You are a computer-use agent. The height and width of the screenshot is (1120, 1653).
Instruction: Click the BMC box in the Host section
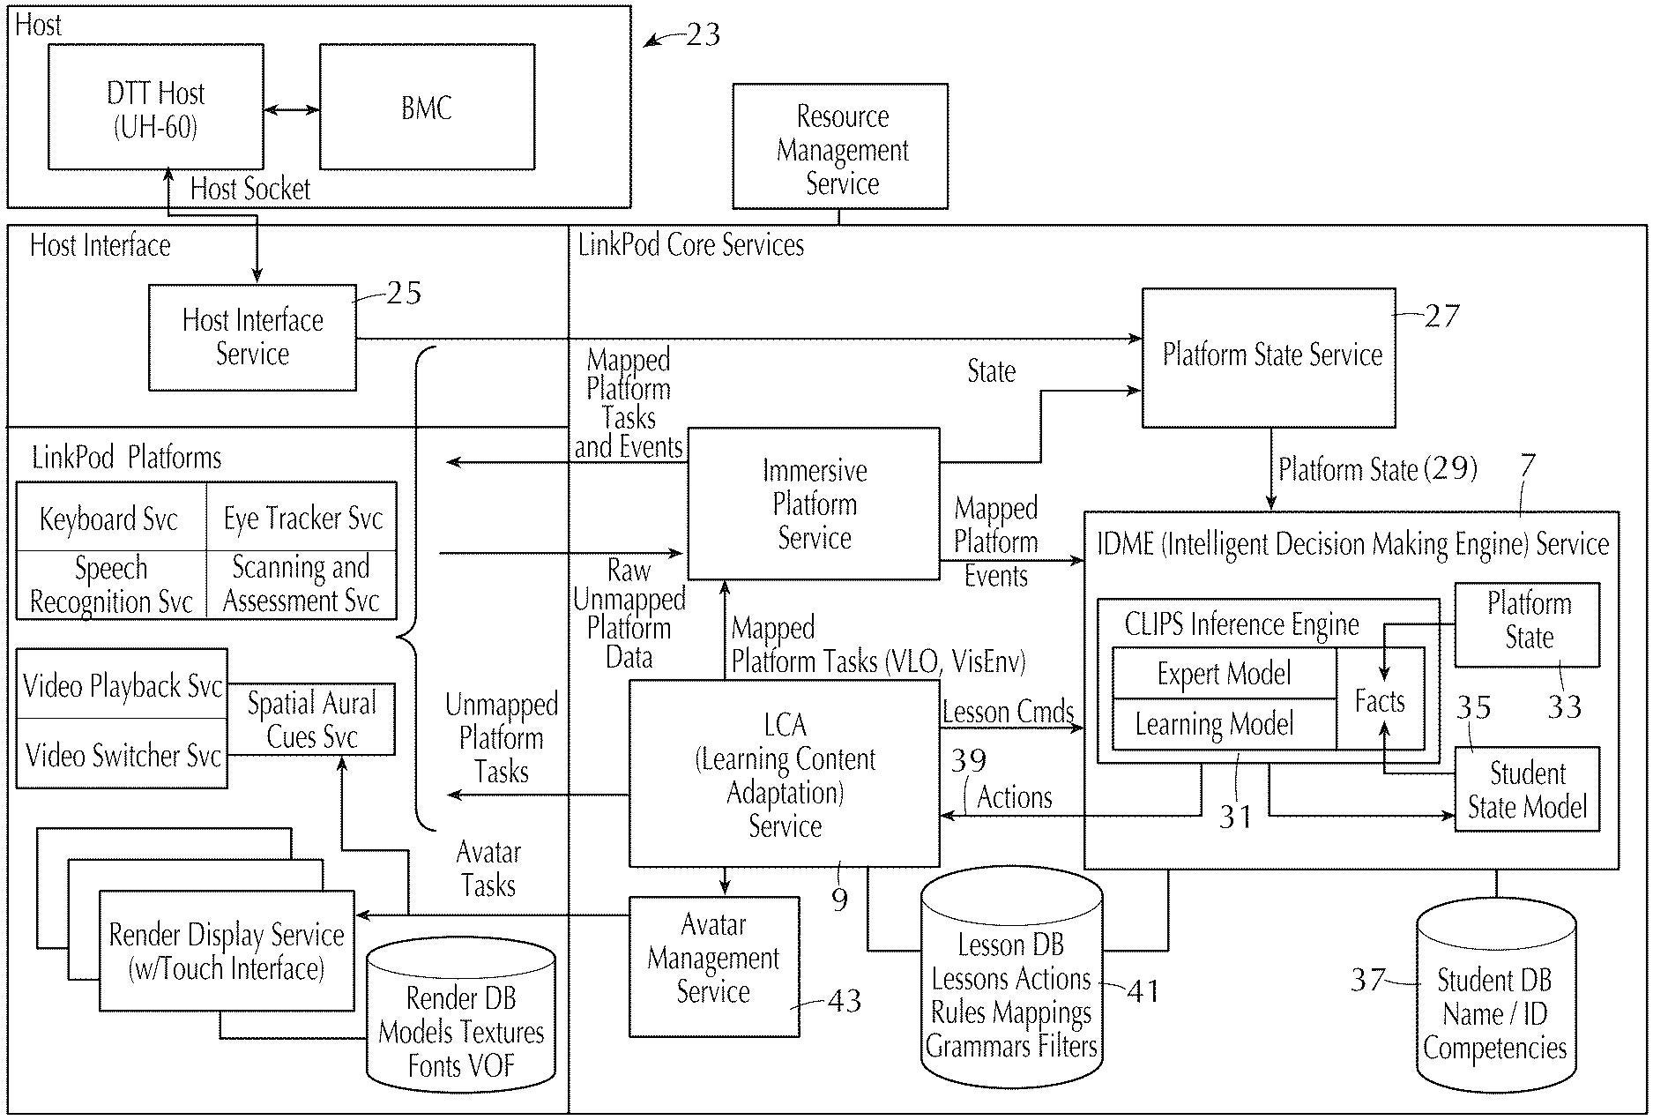click(x=427, y=108)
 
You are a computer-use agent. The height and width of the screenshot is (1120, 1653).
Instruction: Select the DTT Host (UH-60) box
click(x=155, y=108)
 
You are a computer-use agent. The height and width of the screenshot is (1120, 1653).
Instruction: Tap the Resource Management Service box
click(x=840, y=147)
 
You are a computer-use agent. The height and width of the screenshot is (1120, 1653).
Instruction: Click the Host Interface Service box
click(x=252, y=338)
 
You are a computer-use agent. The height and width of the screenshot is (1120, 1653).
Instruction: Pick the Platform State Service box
click(x=1269, y=357)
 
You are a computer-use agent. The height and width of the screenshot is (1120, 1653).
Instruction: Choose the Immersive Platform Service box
click(x=814, y=504)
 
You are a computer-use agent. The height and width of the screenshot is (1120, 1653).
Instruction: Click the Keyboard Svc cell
click(x=111, y=518)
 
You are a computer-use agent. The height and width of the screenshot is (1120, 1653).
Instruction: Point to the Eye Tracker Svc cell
click(x=302, y=518)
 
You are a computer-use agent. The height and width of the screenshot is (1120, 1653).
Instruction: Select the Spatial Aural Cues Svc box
click(x=311, y=720)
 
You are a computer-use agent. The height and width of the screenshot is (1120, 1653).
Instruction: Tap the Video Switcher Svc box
click(x=123, y=755)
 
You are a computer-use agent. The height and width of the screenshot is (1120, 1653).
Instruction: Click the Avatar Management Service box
click(x=714, y=966)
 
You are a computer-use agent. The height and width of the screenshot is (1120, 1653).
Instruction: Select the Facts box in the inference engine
click(x=1380, y=701)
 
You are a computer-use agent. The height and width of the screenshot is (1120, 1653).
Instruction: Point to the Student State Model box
click(x=1527, y=790)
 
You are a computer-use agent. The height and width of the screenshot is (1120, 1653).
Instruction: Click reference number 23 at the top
click(x=703, y=35)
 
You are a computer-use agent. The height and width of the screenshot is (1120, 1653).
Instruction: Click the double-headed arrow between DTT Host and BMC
click(x=292, y=109)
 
